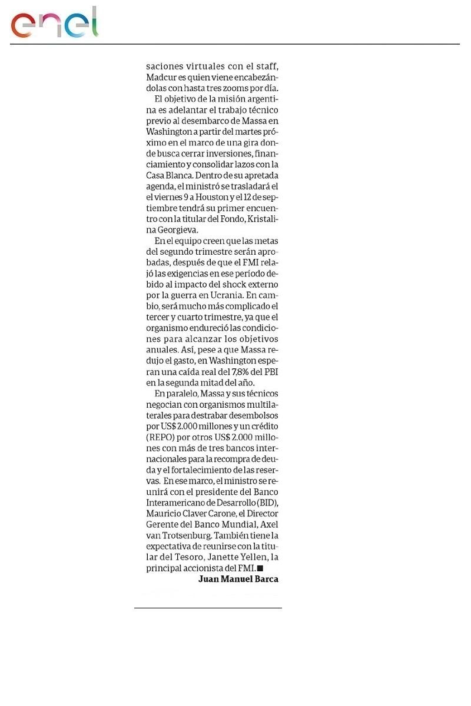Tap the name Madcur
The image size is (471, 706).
[x=161, y=77]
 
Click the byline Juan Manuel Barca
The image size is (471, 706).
[x=238, y=579]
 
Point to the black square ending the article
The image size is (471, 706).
[x=260, y=568]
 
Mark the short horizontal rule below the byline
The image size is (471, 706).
[x=208, y=608]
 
